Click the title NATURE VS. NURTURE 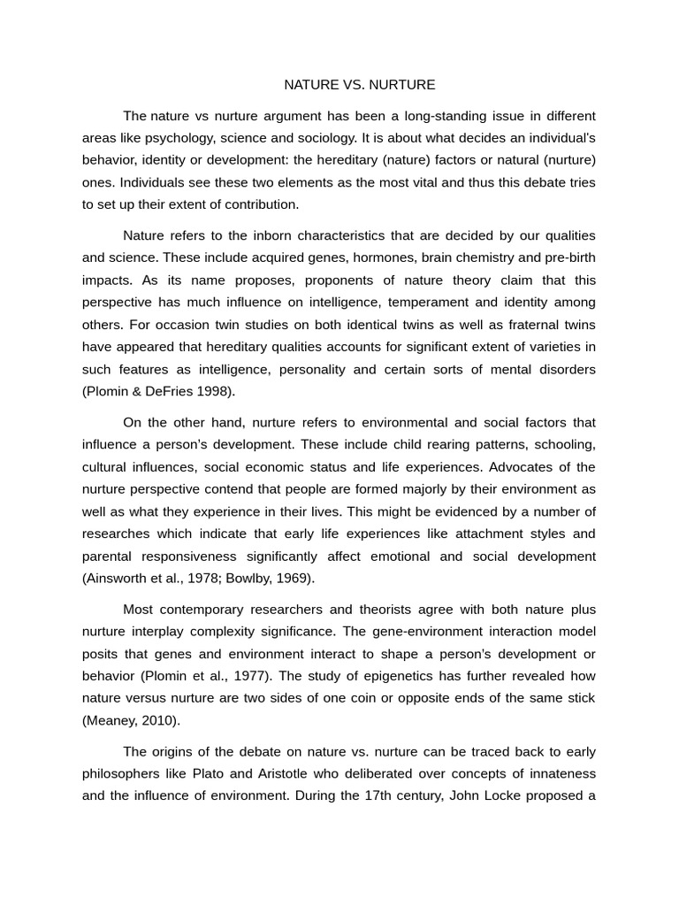(359, 85)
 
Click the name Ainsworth (118, 579)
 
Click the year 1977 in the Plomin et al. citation (256, 675)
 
